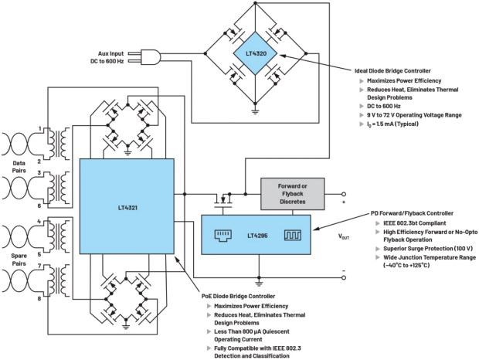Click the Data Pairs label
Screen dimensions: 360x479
coord(18,166)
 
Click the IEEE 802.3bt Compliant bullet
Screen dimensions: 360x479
coord(415,222)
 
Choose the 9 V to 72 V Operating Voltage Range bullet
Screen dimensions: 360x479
coord(418,114)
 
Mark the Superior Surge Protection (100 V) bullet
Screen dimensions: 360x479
coord(428,248)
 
